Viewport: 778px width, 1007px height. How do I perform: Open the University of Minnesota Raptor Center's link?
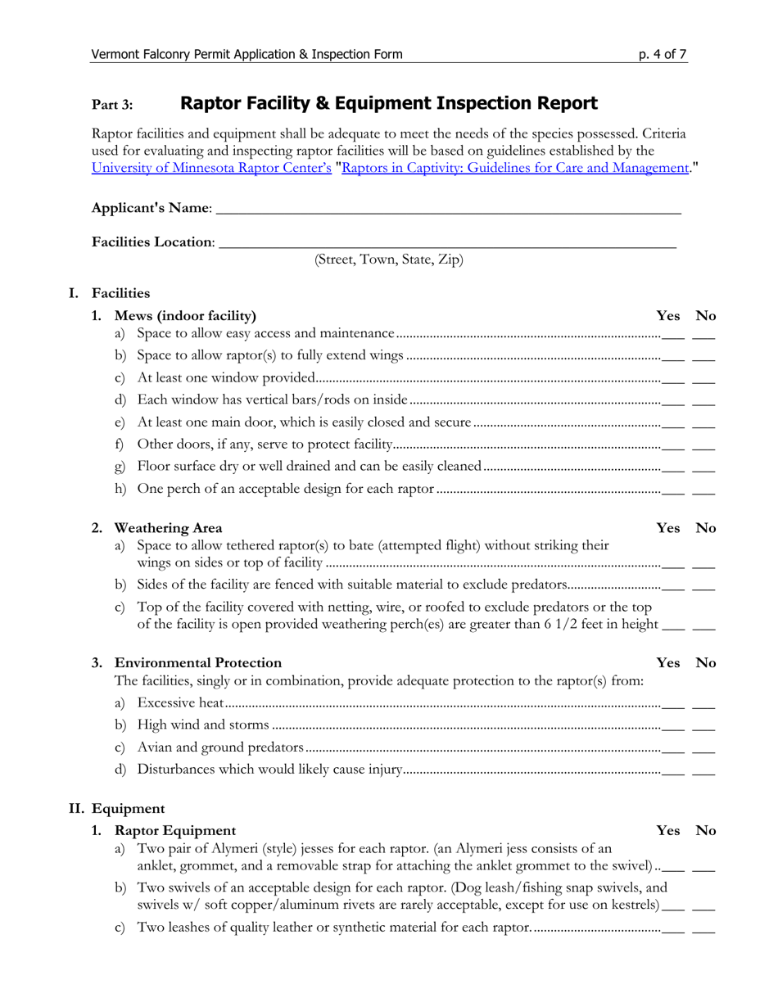tap(211, 168)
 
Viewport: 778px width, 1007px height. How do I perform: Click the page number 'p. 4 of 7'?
tap(663, 55)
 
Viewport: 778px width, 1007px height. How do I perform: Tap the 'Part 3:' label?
tap(111, 105)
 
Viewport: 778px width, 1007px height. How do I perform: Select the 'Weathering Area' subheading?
tap(168, 528)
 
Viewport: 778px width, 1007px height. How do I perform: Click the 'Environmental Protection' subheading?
tap(198, 662)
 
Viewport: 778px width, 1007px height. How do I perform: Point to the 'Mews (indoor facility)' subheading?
tap(185, 316)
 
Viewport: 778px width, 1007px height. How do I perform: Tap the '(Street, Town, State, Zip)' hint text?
tap(389, 260)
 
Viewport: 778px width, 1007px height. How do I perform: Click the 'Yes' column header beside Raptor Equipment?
tap(668, 830)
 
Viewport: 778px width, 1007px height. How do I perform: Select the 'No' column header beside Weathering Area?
tap(705, 528)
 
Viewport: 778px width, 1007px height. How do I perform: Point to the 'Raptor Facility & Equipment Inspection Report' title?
tap(388, 103)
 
